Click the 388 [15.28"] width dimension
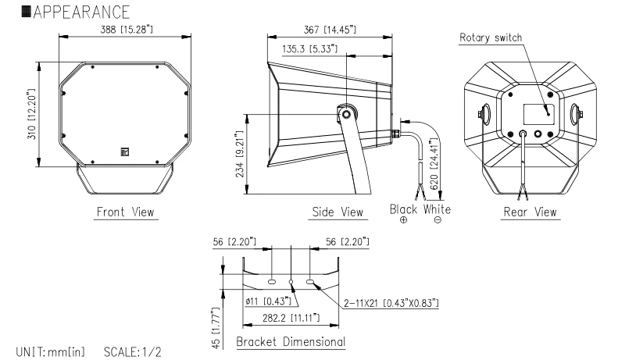(125, 29)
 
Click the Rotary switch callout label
(491, 37)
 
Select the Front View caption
(126, 212)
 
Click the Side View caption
(337, 212)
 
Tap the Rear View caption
(530, 212)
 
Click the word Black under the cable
(404, 209)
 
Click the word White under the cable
(438, 209)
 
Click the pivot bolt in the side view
(345, 115)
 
